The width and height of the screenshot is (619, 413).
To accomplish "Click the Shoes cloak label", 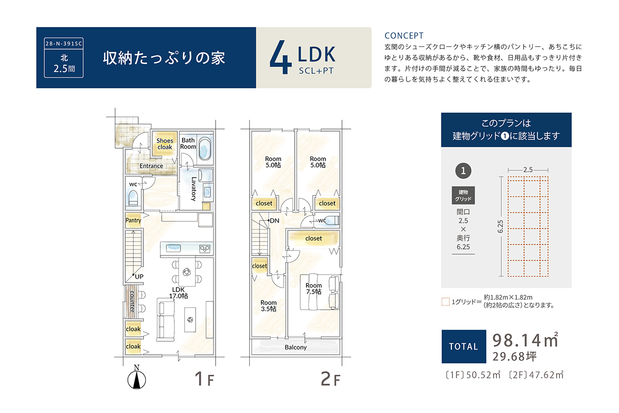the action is pyautogui.click(x=165, y=144).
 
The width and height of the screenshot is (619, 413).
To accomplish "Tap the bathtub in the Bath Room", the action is pyautogui.click(x=205, y=149).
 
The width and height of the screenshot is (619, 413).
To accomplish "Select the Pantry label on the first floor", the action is pyautogui.click(x=133, y=220).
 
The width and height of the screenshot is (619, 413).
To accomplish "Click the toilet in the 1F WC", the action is pyautogui.click(x=133, y=198).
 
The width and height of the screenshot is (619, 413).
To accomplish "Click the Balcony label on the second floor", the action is pyautogui.click(x=296, y=347).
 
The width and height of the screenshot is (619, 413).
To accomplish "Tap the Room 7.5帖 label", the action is pyautogui.click(x=314, y=288).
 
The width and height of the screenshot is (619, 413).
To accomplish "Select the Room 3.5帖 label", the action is pyautogui.click(x=269, y=306).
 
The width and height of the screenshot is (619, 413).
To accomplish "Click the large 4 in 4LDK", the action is pyautogui.click(x=281, y=57).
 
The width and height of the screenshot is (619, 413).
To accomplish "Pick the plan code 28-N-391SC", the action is pyautogui.click(x=63, y=44).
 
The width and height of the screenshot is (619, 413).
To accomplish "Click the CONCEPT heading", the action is pyautogui.click(x=404, y=36).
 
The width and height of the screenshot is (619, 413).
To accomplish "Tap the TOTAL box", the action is pyautogui.click(x=464, y=346).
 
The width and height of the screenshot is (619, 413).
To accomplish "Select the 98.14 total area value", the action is pyautogui.click(x=516, y=340).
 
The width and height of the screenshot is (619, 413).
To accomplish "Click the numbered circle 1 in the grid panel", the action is pyautogui.click(x=463, y=171).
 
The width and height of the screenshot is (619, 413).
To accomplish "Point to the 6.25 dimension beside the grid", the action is pyautogui.click(x=500, y=227).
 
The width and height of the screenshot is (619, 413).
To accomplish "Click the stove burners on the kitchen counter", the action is pyautogui.click(x=205, y=249).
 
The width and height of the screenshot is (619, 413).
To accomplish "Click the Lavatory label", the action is pyautogui.click(x=194, y=189).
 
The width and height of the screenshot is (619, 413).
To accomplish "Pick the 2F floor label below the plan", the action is pyautogui.click(x=330, y=379).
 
